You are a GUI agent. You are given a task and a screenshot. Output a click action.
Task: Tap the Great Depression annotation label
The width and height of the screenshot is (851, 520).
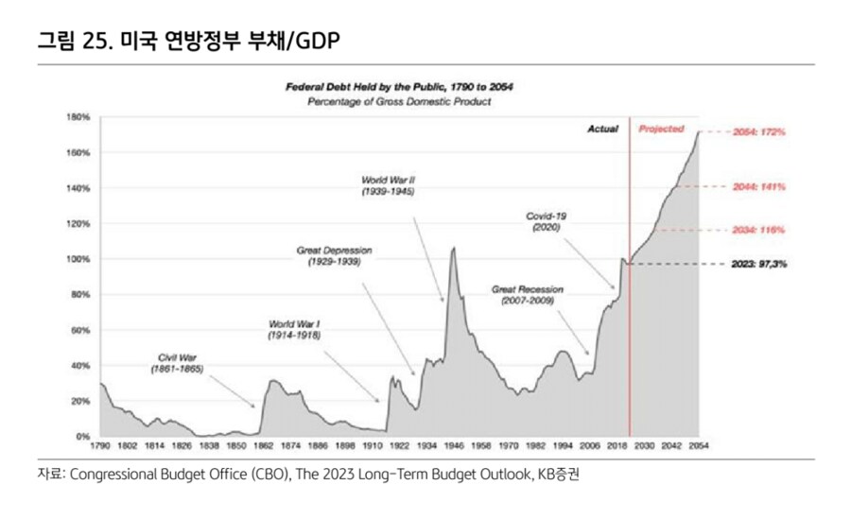[334, 256]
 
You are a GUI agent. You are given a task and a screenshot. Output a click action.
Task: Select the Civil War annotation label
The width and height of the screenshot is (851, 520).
[179, 364]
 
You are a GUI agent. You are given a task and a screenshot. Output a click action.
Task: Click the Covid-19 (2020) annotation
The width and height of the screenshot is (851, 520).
[547, 222]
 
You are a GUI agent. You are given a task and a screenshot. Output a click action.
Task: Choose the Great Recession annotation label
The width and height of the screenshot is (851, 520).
[528, 294]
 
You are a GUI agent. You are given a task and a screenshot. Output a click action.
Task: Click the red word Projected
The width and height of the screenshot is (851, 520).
[661, 129]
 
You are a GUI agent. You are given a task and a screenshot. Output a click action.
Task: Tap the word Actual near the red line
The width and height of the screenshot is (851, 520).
[602, 129]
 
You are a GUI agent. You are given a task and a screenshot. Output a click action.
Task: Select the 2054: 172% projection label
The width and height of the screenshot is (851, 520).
[759, 133]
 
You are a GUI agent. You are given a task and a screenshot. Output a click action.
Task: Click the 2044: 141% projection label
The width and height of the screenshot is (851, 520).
[759, 187]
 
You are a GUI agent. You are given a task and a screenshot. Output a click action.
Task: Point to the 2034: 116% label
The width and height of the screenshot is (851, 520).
[759, 230]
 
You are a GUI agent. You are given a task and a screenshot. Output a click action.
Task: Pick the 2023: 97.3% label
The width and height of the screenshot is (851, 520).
[759, 265]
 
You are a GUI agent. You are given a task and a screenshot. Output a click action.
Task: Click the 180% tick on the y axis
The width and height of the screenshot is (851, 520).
[78, 117]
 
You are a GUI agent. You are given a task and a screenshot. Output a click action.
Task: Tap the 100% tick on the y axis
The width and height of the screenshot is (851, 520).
[78, 259]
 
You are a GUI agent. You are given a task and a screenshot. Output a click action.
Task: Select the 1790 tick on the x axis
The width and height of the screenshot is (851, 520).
[99, 444]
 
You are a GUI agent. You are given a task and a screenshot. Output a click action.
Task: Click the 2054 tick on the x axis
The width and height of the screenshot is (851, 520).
[699, 444]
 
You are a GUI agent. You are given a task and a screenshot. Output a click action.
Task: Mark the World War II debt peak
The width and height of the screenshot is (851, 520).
[454, 249]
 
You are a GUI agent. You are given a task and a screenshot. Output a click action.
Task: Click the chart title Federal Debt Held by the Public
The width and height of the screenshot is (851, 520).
[400, 86]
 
